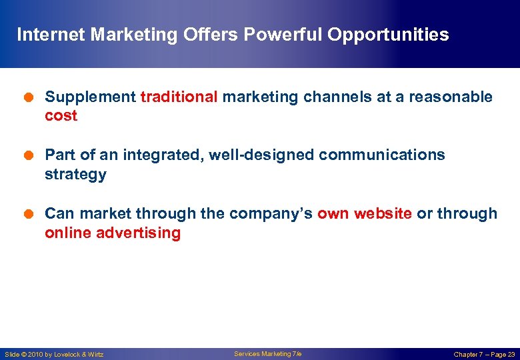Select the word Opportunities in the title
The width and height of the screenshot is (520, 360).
tap(387, 35)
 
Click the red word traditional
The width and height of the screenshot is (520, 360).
tap(179, 97)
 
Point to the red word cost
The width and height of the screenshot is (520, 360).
tap(61, 116)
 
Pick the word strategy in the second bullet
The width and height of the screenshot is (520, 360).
tap(75, 175)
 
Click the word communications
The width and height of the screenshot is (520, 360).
tap(381, 155)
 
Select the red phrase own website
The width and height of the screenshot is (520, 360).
tap(364, 213)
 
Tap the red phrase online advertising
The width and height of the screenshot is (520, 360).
tap(112, 233)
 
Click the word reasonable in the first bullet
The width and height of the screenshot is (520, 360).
tap(451, 97)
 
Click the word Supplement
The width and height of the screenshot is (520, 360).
tap(90, 97)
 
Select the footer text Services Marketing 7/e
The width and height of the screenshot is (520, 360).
tap(267, 354)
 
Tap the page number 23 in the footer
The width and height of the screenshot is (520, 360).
tap(511, 355)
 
